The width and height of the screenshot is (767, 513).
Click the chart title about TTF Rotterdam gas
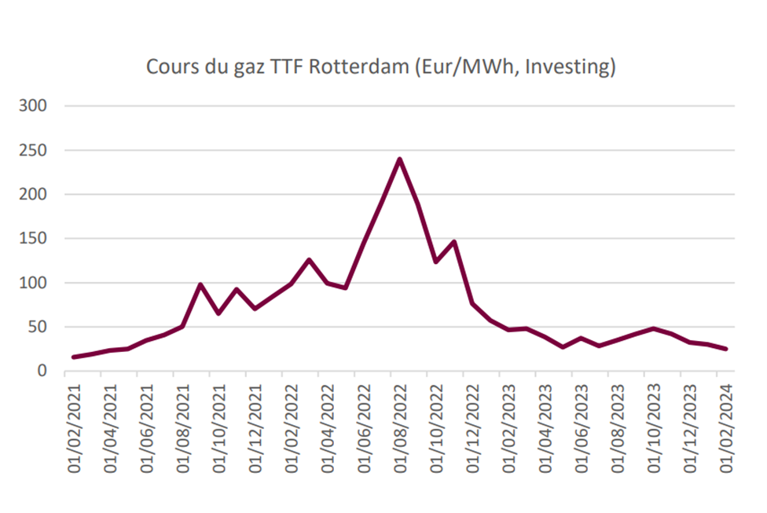(x=381, y=68)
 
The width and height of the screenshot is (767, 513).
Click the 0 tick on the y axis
(x=45, y=372)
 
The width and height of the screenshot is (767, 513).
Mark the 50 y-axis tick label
(x=39, y=328)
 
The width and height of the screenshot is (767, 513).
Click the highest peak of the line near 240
(x=399, y=159)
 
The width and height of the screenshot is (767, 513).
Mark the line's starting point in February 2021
(x=74, y=357)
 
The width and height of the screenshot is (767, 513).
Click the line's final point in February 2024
(x=725, y=349)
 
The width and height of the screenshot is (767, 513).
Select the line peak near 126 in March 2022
(x=309, y=259)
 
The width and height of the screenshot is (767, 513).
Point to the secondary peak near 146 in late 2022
(x=454, y=242)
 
